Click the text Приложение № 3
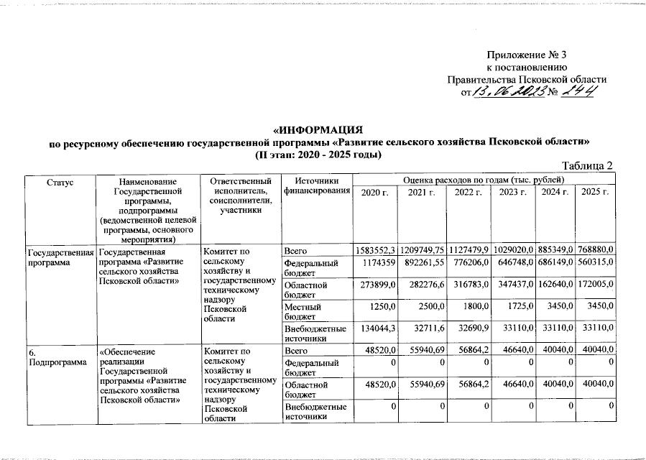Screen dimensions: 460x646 [527, 55]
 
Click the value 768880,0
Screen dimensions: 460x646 [596, 251]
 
